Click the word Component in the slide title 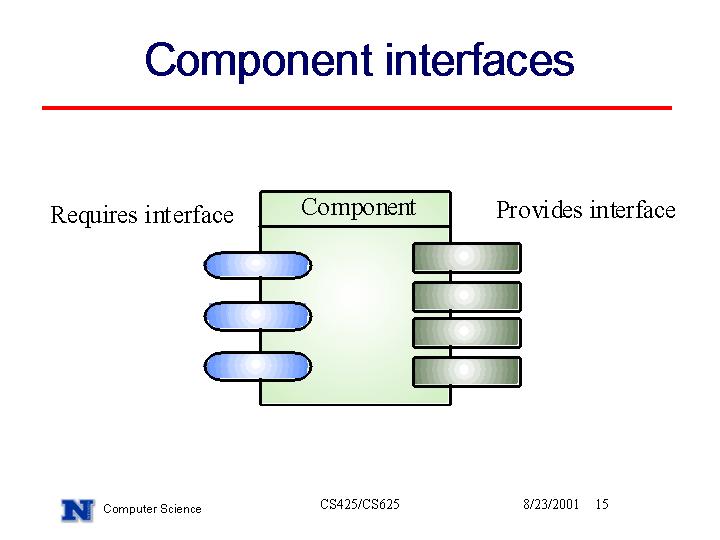259,62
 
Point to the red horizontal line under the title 357,108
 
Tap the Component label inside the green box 358,208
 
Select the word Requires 94,215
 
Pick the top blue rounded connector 258,265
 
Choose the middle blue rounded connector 258,316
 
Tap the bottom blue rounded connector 258,366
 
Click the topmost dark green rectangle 467,258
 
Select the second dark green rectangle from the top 467,297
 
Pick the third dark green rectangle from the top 467,332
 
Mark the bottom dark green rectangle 467,371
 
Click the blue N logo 78,511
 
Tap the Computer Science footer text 152,509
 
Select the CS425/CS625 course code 360,504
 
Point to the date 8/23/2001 551,504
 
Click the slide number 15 602,504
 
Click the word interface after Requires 189,214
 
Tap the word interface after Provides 632,210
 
